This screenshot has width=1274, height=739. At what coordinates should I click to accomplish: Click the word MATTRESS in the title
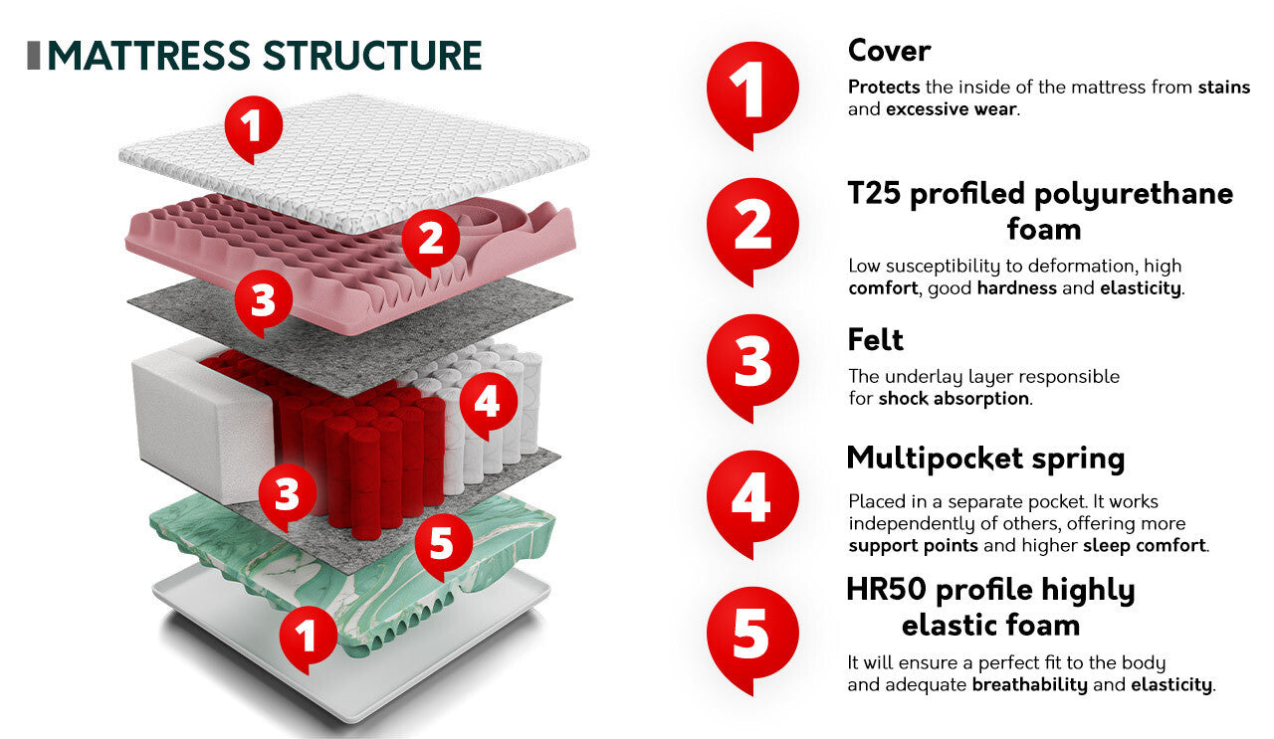tap(149, 56)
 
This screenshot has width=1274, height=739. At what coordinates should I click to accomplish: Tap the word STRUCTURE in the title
tap(372, 56)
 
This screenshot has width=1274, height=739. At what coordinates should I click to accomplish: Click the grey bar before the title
tap(34, 56)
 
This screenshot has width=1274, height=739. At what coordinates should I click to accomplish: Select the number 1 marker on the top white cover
tap(253, 129)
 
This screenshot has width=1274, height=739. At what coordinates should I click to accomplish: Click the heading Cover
tap(889, 51)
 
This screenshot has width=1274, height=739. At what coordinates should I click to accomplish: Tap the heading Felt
tap(875, 339)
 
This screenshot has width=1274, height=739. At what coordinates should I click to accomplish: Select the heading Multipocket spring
tap(985, 459)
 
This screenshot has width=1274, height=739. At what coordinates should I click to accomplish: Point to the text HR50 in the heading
tap(887, 590)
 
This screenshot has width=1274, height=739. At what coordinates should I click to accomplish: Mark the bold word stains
tap(1224, 87)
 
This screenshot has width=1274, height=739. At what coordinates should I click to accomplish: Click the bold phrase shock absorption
tap(954, 399)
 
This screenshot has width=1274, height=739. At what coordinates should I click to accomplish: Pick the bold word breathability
tap(1029, 684)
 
